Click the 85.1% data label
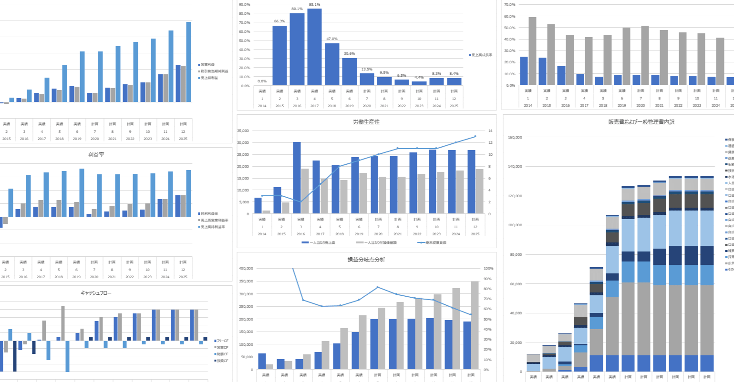[x=314, y=4]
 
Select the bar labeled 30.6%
[x=349, y=71]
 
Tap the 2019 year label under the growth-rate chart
[x=349, y=106]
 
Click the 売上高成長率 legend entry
[x=482, y=55]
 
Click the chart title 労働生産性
[x=366, y=122]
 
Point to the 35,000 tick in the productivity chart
[x=256, y=131]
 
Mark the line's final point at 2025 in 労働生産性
[x=475, y=137]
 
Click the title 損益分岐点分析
[x=366, y=260]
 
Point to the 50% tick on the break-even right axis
[x=488, y=319]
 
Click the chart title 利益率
[x=96, y=155]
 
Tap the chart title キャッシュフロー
[x=96, y=293]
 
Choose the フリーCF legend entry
[x=222, y=341]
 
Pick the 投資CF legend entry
[x=222, y=361]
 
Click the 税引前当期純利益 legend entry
[x=215, y=71]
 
